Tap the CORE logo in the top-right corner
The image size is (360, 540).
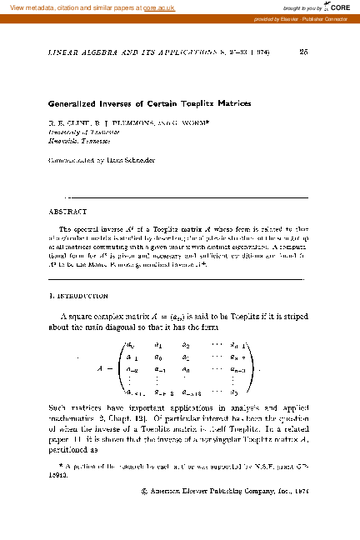click(x=337, y=7)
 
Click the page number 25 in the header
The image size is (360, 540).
click(x=303, y=52)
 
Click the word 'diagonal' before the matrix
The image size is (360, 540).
click(x=123, y=328)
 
